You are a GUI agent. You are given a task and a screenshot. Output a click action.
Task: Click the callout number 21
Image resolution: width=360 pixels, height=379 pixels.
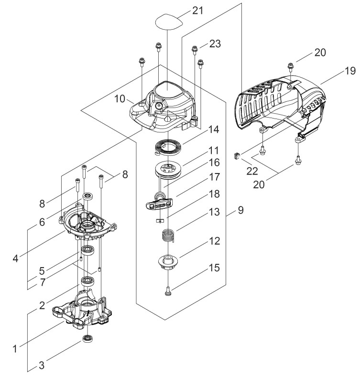pos(197,11)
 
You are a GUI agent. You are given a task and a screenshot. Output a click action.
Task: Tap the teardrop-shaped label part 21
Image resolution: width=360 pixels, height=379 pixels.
pos(168,22)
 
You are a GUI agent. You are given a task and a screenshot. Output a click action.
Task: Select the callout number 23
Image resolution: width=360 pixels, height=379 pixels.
pos(215,44)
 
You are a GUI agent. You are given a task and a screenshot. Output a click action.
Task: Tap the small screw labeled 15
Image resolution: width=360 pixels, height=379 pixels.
pos(167,291)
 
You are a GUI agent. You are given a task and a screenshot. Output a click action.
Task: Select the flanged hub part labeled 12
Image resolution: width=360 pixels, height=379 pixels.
pos(167,262)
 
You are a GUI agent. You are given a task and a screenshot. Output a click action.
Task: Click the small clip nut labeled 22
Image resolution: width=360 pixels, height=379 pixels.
pos(237,156)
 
